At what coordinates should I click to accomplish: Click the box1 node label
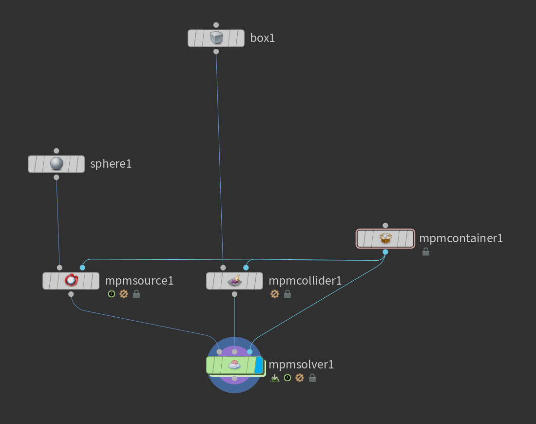pyautogui.click(x=262, y=38)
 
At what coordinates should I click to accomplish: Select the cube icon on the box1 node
pyautogui.click(x=216, y=38)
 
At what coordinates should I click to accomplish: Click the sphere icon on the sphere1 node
pyautogui.click(x=57, y=164)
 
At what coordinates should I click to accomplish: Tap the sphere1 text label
pyautogui.click(x=111, y=164)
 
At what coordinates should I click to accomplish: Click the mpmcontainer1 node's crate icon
pyautogui.click(x=385, y=239)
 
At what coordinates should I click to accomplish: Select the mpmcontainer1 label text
pyautogui.click(x=460, y=238)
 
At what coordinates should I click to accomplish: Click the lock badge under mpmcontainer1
pyautogui.click(x=425, y=251)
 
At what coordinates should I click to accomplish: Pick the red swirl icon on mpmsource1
pyautogui.click(x=71, y=280)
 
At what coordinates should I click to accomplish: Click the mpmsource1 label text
pyautogui.click(x=139, y=281)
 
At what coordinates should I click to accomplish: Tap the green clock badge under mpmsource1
pyautogui.click(x=112, y=294)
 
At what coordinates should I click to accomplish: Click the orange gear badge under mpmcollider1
pyautogui.click(x=275, y=294)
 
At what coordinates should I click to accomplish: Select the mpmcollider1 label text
pyautogui.click(x=305, y=281)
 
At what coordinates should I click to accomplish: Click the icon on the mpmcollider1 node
pyautogui.click(x=235, y=280)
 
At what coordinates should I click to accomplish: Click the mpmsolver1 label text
pyautogui.click(x=301, y=365)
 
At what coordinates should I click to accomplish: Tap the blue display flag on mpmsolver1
pyautogui.click(x=259, y=365)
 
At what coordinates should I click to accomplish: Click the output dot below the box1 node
pyautogui.click(x=216, y=51)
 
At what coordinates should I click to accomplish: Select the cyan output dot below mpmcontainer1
pyautogui.click(x=385, y=252)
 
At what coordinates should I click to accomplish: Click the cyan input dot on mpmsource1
pyautogui.click(x=82, y=268)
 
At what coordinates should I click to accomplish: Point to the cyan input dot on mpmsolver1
pyautogui.click(x=250, y=351)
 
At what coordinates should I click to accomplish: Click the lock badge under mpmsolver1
pyautogui.click(x=312, y=378)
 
